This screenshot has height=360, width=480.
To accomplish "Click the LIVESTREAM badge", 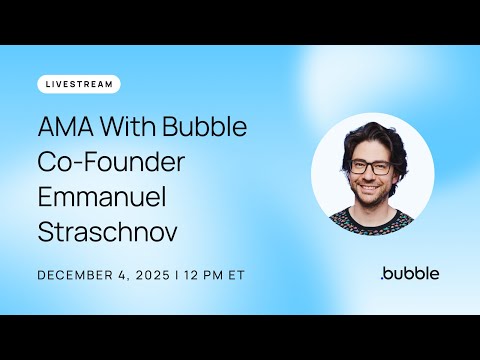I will (x=79, y=84).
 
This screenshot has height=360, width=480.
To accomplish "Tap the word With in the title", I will (x=130, y=130).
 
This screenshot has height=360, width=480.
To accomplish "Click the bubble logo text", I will (x=412, y=272).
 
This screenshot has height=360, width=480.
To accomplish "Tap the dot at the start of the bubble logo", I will (x=383, y=277).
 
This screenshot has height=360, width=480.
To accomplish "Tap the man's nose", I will (x=369, y=178).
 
